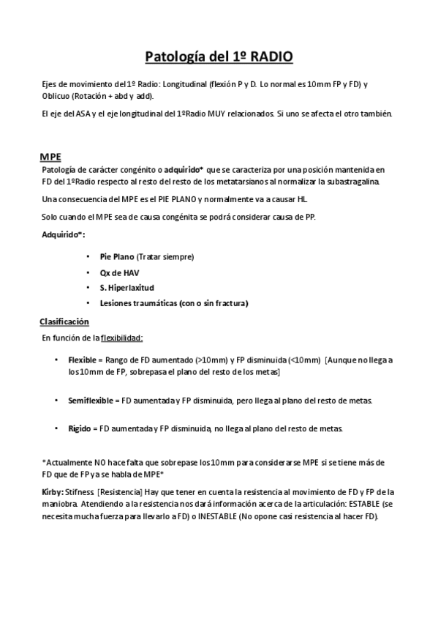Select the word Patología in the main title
coord(172,56)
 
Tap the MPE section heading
coord(50,157)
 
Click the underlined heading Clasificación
coord(64,321)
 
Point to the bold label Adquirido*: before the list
coord(63,234)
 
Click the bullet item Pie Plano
coord(118,257)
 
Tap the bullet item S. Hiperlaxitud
coord(127,288)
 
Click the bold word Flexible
coord(83,360)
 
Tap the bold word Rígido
coord(80,428)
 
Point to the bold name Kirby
coord(53,492)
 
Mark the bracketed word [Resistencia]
coord(119,492)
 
